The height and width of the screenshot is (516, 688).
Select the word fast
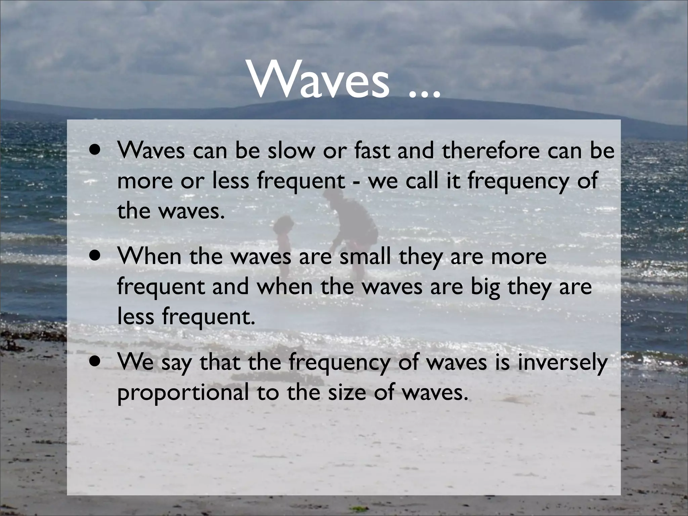click(x=374, y=151)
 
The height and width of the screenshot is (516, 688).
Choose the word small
click(x=365, y=257)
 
